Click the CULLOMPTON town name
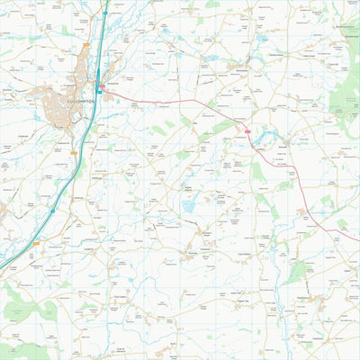(x=71, y=102)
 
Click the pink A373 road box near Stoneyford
(x=104, y=88)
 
